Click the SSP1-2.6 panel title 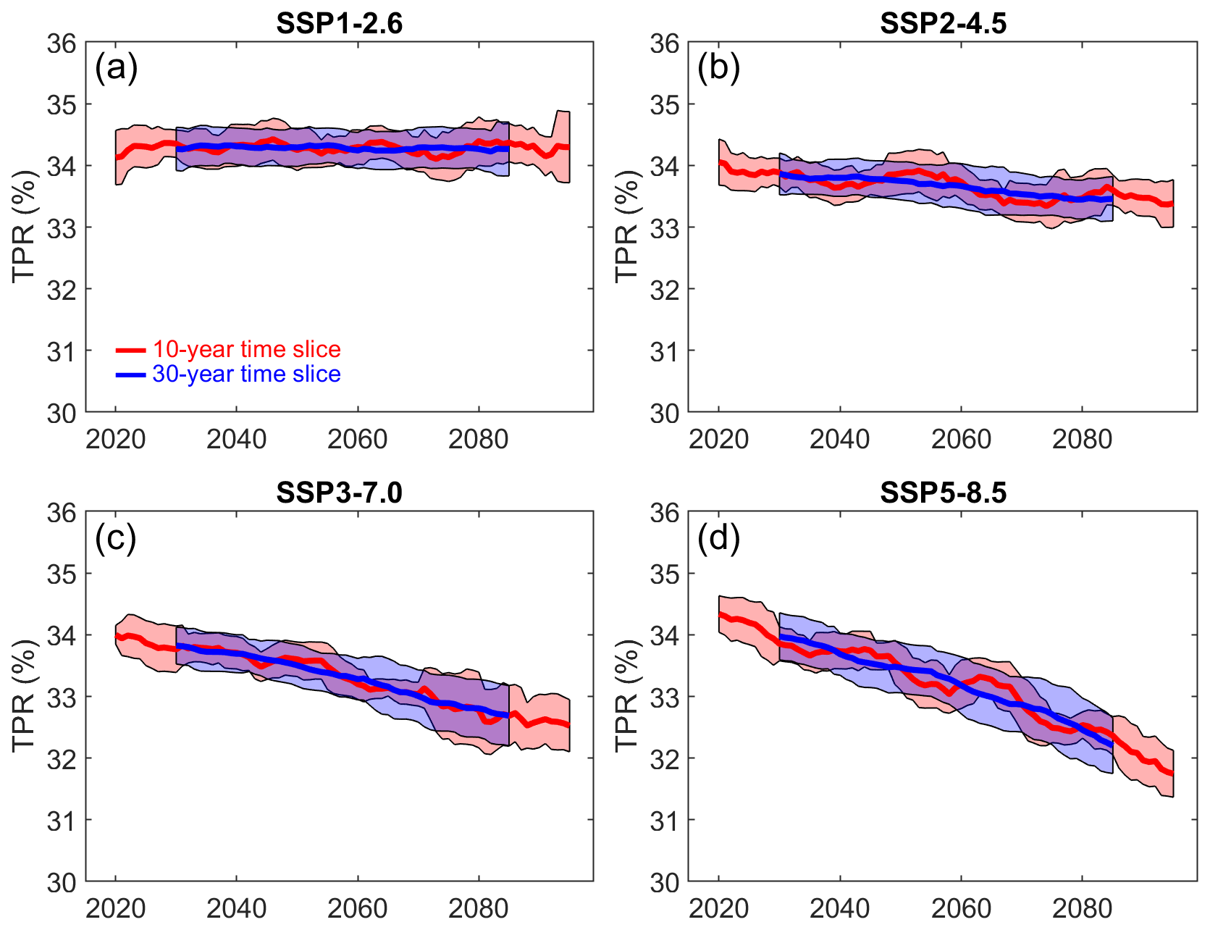pos(339,24)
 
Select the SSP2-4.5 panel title pos(943,24)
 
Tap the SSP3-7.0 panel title pos(339,493)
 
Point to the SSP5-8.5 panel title pos(943,493)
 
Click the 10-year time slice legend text pos(246,350)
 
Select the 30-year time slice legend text pos(246,374)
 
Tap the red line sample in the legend pos(131,351)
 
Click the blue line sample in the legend pos(131,375)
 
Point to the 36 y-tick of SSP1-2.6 pos(62,43)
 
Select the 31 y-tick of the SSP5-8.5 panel pos(665,821)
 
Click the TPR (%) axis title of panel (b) pos(626,227)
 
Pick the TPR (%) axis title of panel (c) pos(23,696)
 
